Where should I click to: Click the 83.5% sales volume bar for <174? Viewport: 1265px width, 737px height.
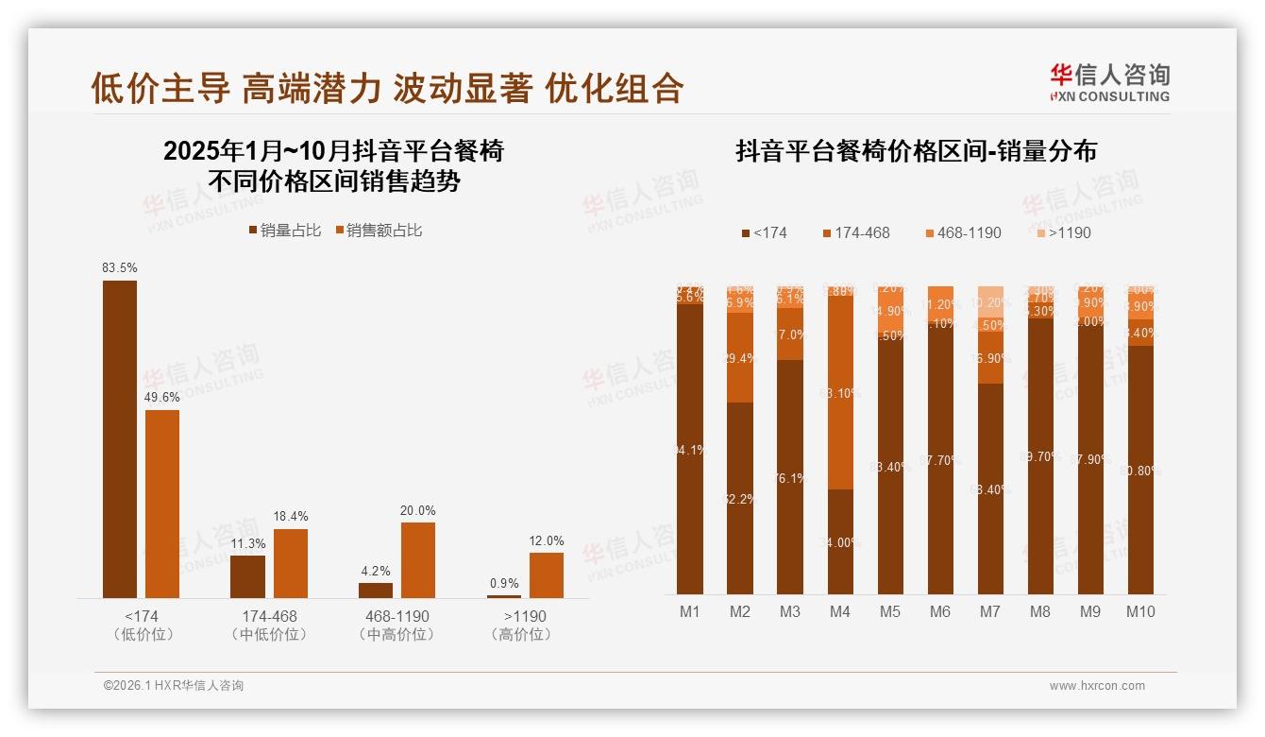click(120, 438)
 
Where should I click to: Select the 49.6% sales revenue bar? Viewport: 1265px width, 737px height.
click(162, 503)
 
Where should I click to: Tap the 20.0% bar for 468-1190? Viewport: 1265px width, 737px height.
click(418, 559)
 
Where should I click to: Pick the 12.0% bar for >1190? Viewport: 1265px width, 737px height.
click(546, 574)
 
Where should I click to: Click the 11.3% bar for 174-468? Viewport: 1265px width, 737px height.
click(247, 576)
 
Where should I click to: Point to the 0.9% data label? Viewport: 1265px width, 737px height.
click(504, 583)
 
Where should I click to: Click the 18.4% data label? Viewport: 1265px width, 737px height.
click(291, 516)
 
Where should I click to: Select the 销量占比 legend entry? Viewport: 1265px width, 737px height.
click(285, 231)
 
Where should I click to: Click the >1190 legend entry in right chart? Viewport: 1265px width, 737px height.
click(1064, 232)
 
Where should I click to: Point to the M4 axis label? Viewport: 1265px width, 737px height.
click(839, 611)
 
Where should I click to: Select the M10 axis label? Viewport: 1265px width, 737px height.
click(1140, 611)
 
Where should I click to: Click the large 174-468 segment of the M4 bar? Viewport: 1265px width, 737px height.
click(840, 392)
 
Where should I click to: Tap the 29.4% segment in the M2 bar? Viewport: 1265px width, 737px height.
click(740, 357)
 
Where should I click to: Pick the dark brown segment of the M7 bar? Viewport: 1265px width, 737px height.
click(990, 488)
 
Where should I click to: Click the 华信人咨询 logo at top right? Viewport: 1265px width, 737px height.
click(1109, 82)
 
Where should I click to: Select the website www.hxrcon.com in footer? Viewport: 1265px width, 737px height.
click(1096, 686)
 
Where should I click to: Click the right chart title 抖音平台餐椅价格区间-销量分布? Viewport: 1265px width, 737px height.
click(916, 151)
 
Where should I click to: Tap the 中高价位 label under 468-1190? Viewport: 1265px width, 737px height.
click(396, 635)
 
